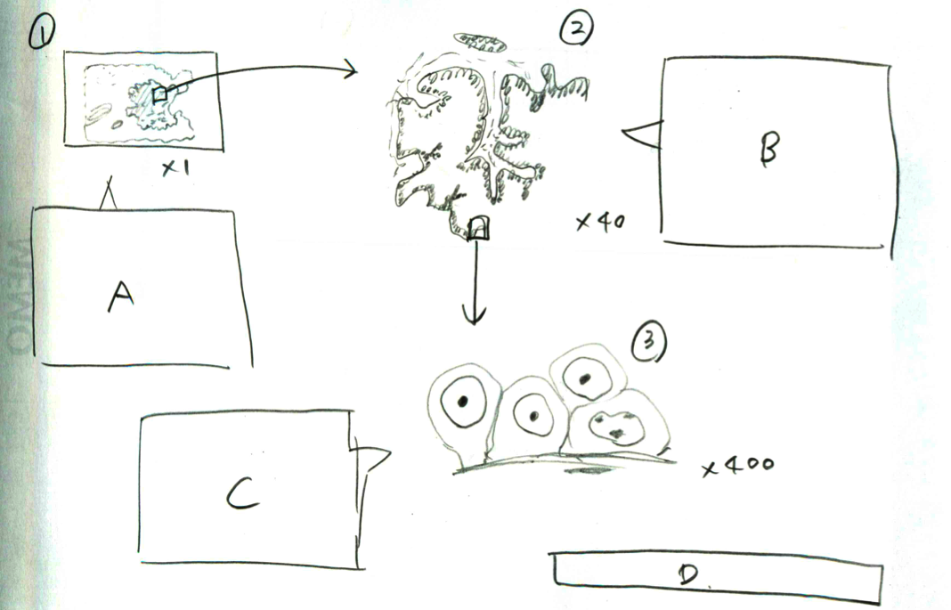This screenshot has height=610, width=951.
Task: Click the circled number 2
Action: click(575, 29)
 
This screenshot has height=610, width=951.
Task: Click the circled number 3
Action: click(649, 341)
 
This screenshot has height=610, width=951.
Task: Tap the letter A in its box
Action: click(121, 297)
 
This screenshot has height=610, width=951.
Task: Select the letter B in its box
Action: click(769, 149)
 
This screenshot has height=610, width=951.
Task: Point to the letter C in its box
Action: click(242, 493)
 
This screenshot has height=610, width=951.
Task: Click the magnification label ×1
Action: click(175, 167)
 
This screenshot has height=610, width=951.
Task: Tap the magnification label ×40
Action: click(600, 222)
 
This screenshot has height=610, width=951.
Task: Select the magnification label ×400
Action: click(738, 466)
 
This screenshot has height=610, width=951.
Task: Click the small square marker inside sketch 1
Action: click(159, 94)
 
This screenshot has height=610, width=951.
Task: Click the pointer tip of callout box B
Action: click(623, 131)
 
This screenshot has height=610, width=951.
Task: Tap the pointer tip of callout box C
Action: click(390, 452)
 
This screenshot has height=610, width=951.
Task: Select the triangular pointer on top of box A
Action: click(109, 193)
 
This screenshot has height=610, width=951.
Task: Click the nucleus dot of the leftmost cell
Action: click(463, 401)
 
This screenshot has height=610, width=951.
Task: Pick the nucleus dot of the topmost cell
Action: click(585, 379)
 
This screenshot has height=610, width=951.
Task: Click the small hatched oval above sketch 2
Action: click(480, 43)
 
